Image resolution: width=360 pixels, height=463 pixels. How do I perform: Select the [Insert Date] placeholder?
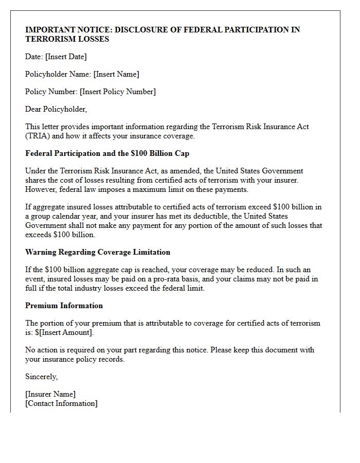coord(66,57)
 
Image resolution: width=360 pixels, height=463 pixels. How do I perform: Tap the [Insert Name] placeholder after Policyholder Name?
coord(116,74)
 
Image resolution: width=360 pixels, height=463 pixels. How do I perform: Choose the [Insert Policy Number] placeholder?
coord(118,92)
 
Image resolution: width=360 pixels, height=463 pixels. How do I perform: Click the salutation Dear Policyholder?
coord(56,109)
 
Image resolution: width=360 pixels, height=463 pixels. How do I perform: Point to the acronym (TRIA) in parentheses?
coord(39,136)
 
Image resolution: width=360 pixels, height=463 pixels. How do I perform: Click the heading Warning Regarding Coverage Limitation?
coord(98,252)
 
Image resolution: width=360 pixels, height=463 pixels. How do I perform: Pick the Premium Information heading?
coord(64,306)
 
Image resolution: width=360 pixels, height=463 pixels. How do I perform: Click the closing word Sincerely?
coord(42,377)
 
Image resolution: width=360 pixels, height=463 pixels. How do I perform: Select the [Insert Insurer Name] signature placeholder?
coord(50,394)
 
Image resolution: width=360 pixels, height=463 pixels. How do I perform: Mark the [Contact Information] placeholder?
coord(61,403)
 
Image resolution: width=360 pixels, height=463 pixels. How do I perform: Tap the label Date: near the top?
coord(34,57)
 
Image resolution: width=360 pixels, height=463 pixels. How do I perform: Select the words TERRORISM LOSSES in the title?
coord(67,39)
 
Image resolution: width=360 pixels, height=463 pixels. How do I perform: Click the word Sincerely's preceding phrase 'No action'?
coord(39,350)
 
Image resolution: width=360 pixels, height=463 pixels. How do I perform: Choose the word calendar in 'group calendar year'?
coord(62,216)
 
